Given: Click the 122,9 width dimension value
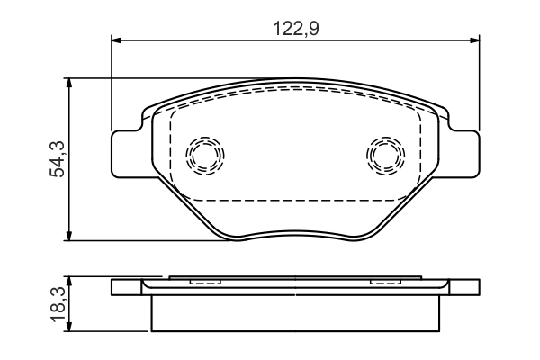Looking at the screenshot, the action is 296,29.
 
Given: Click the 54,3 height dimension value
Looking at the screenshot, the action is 58,158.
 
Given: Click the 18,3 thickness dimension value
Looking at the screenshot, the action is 58,304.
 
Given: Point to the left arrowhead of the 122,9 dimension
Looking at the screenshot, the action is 116,40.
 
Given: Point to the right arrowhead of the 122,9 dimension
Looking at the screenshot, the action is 474,40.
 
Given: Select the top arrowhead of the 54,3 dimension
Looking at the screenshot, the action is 69,83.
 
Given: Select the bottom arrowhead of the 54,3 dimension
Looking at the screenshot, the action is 69,236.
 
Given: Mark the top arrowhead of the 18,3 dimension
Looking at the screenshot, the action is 69,281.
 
